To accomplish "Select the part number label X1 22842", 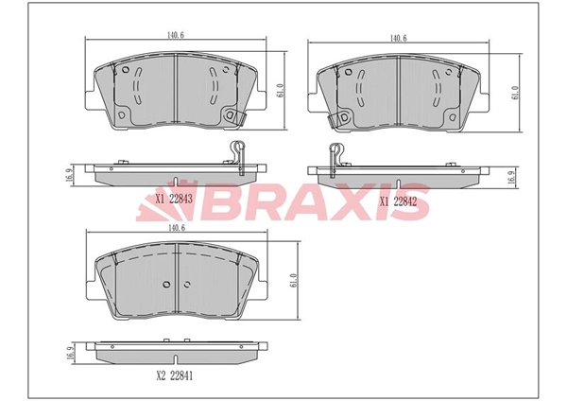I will point(399,200).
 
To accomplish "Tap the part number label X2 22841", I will point(175,375).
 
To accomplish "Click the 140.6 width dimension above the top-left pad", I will point(175,34).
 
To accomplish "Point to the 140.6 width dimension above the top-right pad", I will point(398,38).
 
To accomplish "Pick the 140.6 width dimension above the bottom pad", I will point(175,227).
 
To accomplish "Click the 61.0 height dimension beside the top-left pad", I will point(280,91).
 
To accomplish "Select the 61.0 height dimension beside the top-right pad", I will point(514,93).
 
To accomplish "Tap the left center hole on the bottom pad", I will point(165,285).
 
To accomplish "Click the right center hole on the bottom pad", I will point(185,285).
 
